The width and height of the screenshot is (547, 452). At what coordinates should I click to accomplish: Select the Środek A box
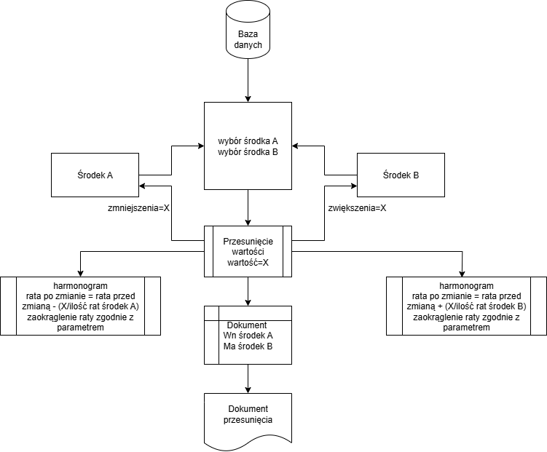click(x=95, y=175)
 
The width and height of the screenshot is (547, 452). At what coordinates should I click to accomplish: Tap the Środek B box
click(x=401, y=175)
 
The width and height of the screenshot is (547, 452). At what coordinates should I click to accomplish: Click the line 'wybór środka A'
click(x=248, y=140)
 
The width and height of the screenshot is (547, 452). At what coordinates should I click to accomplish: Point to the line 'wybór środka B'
click(x=248, y=151)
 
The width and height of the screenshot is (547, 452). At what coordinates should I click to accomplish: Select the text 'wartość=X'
click(x=248, y=262)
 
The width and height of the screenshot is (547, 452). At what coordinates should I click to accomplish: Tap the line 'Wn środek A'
click(x=248, y=336)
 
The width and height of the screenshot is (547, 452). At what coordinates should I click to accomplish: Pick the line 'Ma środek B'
click(x=248, y=346)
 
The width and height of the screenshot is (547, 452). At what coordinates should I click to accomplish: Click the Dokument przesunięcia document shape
click(x=248, y=419)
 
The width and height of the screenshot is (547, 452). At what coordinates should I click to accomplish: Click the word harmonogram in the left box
click(x=80, y=285)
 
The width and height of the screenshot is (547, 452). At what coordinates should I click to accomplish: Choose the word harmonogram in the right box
click(x=467, y=285)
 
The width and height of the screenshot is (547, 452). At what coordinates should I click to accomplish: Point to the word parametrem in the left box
click(x=80, y=328)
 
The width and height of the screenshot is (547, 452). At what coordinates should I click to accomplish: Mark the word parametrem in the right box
click(x=467, y=328)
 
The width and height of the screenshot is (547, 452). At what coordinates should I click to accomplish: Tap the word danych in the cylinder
click(x=248, y=45)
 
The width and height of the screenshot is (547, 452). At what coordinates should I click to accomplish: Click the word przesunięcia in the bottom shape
click(x=248, y=420)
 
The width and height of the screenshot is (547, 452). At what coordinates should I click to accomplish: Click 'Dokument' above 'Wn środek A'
click(x=248, y=325)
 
